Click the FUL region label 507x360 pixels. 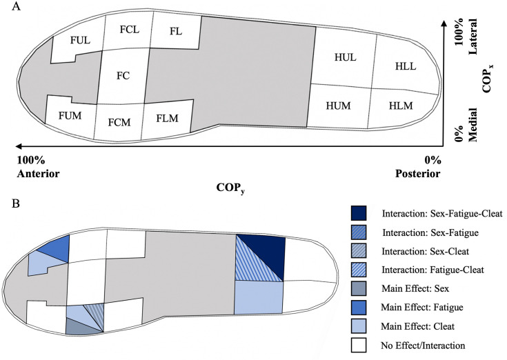click(x=81, y=41)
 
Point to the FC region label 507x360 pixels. click(x=123, y=75)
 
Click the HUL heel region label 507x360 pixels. click(x=344, y=57)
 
